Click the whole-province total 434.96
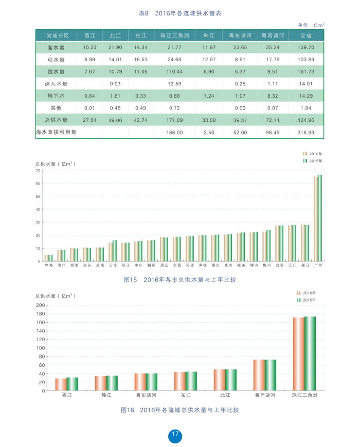pos(306,120)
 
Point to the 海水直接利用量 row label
pos(56,132)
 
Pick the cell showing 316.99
pos(306,132)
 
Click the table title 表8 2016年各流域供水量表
pos(181,13)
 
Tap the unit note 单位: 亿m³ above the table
pos(311,25)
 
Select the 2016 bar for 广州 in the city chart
pos(316,218)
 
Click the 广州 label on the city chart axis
pos(318,266)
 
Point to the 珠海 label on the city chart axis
pos(48,266)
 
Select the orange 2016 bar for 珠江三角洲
pos(298,354)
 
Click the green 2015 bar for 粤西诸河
pos(271,375)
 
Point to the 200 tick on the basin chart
pos(40,305)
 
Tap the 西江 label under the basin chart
pos(67,395)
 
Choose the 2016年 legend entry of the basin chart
pos(306,292)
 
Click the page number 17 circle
pos(175,434)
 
